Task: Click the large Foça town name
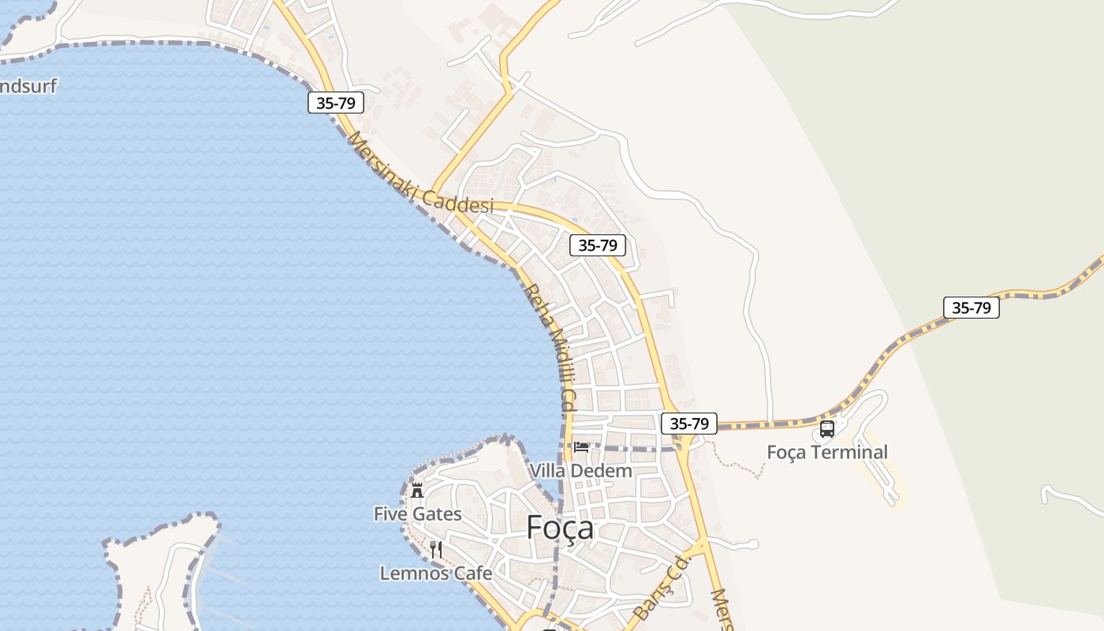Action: [560, 527]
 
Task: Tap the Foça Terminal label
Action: [827, 452]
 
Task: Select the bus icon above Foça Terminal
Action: [826, 429]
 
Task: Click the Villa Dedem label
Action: [580, 471]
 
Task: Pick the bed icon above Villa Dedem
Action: [581, 447]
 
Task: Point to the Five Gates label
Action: [417, 514]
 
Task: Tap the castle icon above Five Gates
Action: [417, 490]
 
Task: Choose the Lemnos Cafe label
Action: [435, 573]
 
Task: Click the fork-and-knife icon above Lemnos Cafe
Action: [435, 549]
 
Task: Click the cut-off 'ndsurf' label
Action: [28, 86]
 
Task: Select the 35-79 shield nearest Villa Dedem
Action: [688, 424]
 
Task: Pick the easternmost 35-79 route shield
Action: [971, 308]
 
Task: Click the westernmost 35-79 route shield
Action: [335, 103]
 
